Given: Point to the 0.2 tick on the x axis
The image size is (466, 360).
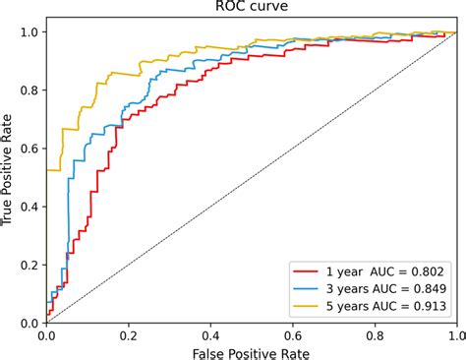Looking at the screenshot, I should click(x=128, y=334).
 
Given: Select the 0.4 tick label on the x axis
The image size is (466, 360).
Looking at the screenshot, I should click(x=209, y=334).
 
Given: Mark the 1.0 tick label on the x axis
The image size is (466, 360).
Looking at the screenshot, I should click(x=453, y=334).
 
